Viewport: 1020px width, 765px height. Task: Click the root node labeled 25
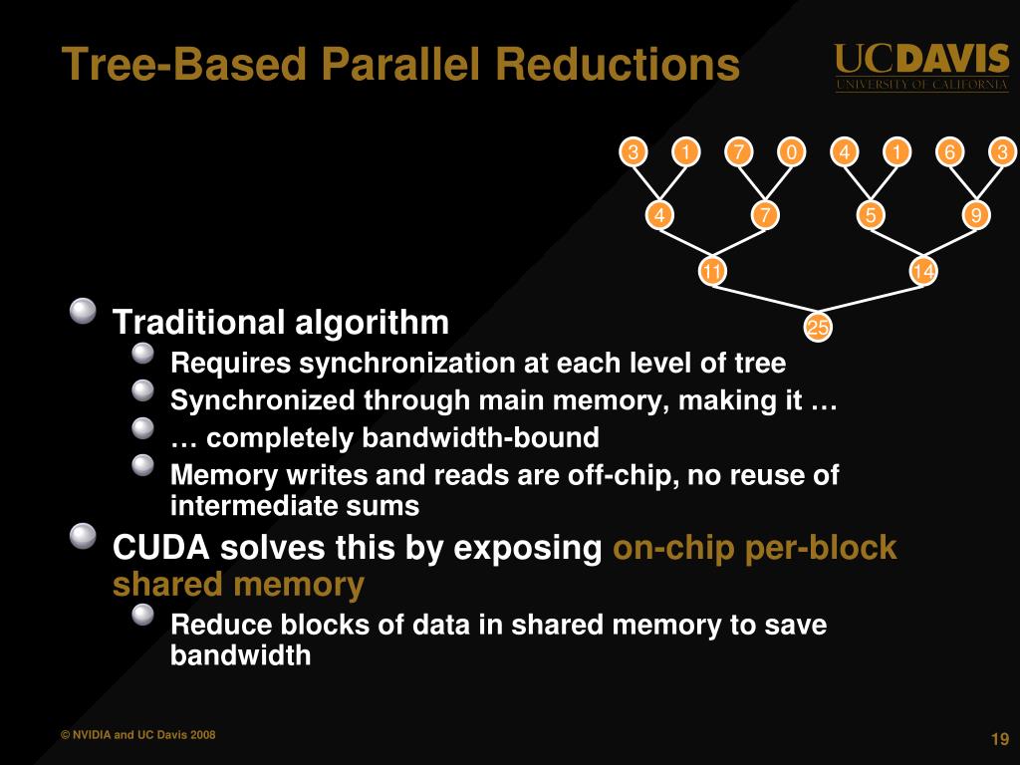coord(818,328)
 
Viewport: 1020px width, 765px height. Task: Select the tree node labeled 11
coord(711,272)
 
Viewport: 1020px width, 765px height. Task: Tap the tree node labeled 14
coord(923,272)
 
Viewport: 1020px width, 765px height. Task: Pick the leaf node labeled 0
coord(791,152)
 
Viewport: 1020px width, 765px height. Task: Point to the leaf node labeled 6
coord(950,152)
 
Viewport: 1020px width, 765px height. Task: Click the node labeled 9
coord(976,215)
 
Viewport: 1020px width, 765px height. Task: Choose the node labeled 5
coord(871,215)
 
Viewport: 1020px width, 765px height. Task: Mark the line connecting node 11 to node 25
coord(765,300)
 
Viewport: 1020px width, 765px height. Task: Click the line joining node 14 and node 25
coord(871,300)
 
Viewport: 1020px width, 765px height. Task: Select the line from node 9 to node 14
coord(950,243)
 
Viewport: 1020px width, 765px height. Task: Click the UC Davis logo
coord(921,67)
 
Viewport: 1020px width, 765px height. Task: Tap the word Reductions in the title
coord(618,66)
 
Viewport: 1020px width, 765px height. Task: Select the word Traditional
coord(198,323)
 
